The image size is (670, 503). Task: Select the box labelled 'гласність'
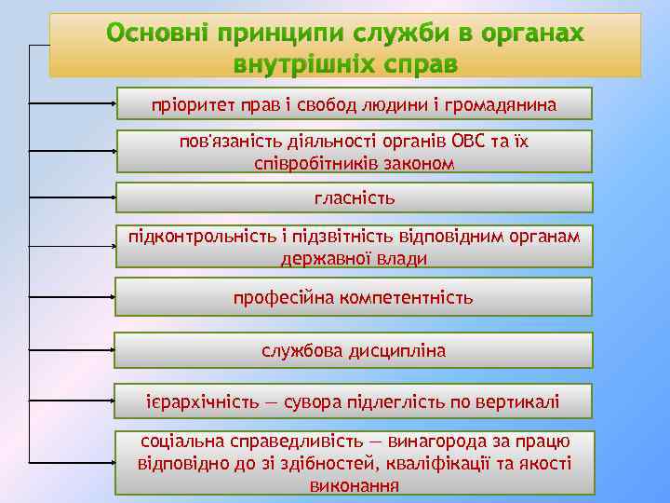click(354, 198)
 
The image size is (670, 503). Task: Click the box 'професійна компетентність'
click(354, 298)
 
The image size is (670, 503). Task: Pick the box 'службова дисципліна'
click(354, 351)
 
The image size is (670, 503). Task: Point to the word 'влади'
click(405, 259)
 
